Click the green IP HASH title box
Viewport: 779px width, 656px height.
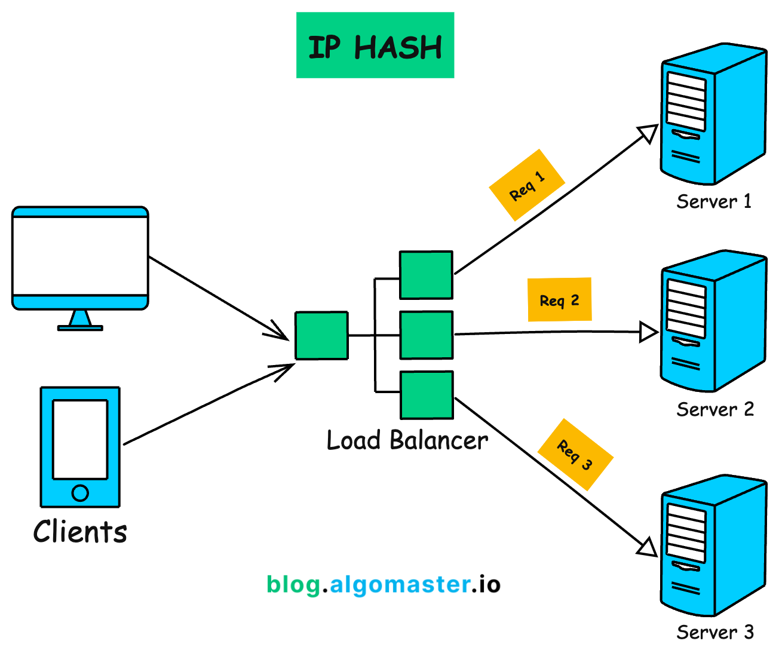pyautogui.click(x=375, y=45)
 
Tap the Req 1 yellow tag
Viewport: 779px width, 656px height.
pyautogui.click(x=527, y=185)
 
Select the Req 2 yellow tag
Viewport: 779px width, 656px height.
pyautogui.click(x=559, y=300)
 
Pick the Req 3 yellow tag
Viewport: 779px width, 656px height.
pyautogui.click(x=575, y=455)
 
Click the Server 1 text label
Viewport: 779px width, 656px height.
pyautogui.click(x=713, y=201)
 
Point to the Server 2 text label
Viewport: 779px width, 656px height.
pyautogui.click(x=714, y=409)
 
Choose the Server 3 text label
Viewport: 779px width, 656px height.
pyautogui.click(x=714, y=632)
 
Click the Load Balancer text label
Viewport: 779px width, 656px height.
pyautogui.click(x=407, y=440)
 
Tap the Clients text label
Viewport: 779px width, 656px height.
pyautogui.click(x=80, y=531)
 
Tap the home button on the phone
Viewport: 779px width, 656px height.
pyautogui.click(x=80, y=493)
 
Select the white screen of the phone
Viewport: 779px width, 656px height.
pyautogui.click(x=80, y=439)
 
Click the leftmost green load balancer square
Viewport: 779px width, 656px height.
pyautogui.click(x=321, y=335)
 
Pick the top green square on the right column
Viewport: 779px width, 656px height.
pyautogui.click(x=426, y=275)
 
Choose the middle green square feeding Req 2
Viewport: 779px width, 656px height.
pyautogui.click(x=426, y=335)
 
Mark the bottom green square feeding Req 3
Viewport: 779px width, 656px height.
pyautogui.click(x=426, y=395)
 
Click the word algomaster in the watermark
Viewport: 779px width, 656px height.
pyautogui.click(x=400, y=584)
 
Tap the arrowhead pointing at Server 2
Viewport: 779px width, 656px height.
pyautogui.click(x=648, y=332)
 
